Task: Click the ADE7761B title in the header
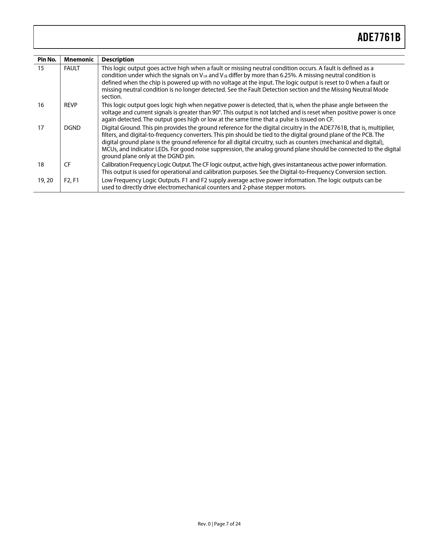(379, 37)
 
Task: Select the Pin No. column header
(47, 60)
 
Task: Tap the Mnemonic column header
(79, 60)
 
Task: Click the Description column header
(118, 60)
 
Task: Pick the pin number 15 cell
(41, 68)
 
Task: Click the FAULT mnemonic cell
(72, 68)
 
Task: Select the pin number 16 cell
(41, 105)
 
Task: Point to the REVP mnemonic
(70, 105)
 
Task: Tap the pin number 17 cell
(41, 128)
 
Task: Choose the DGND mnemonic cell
(72, 128)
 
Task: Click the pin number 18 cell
(41, 165)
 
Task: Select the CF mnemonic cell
(67, 165)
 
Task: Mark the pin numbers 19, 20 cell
(45, 180)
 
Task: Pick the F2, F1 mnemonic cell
(72, 180)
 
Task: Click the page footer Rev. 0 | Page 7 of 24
(219, 524)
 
